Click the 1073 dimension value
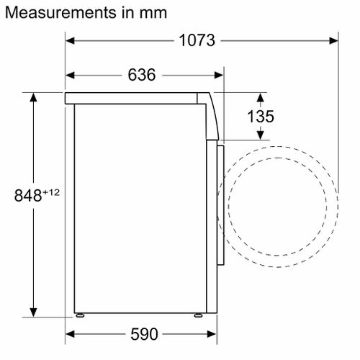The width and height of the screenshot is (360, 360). [x=197, y=40]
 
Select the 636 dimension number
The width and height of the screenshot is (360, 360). [x=142, y=75]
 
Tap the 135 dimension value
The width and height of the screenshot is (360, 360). [x=261, y=117]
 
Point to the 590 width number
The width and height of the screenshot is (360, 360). [x=144, y=334]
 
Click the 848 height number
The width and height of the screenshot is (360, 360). [x=28, y=195]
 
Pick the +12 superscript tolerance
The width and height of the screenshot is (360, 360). [x=51, y=192]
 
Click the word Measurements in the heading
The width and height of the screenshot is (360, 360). [x=60, y=12]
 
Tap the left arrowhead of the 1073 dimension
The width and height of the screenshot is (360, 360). [x=70, y=41]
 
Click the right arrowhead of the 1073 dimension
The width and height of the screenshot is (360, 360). [x=333, y=41]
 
